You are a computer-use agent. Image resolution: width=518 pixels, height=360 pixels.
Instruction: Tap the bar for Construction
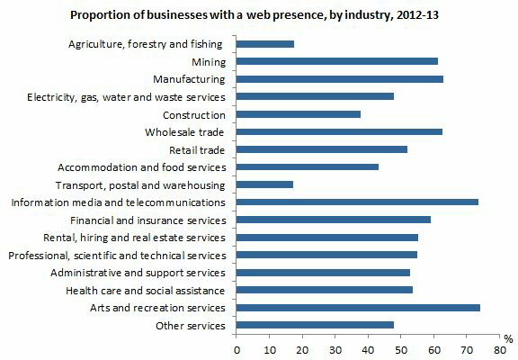coord(299,114)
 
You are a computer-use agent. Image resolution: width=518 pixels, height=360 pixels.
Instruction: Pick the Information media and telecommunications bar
coord(357,202)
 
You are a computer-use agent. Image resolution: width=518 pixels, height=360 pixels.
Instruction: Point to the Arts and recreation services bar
coord(358,308)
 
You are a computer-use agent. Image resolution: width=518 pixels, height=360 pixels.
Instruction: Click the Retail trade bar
coord(322,149)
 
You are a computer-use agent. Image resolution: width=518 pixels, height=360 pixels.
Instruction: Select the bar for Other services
coord(316,325)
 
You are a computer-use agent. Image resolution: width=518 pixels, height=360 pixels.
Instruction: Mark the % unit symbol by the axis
coord(508,338)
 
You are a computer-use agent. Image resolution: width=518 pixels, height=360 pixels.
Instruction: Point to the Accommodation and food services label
coord(141,167)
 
